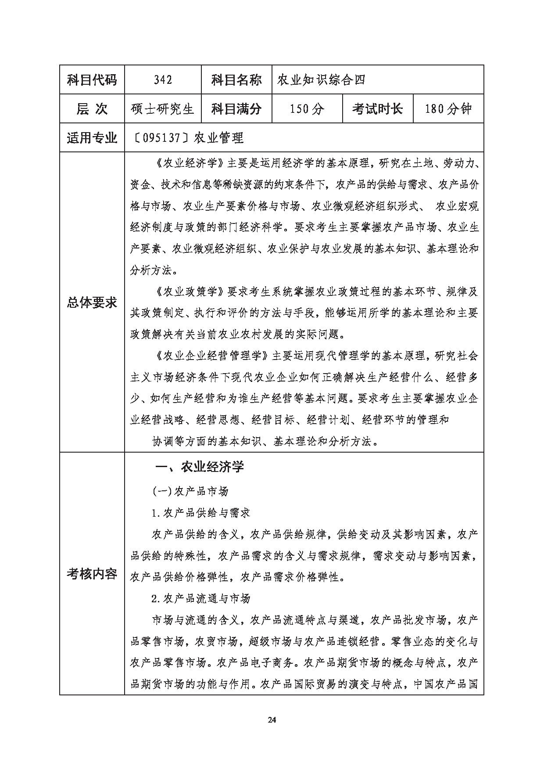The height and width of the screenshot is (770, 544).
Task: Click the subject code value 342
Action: click(x=163, y=80)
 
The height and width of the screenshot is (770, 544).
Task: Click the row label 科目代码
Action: click(x=92, y=80)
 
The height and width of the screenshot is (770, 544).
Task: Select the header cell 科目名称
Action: click(x=236, y=80)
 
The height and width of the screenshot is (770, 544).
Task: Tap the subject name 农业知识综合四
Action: click(x=321, y=80)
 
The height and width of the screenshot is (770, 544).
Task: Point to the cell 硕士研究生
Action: click(x=163, y=109)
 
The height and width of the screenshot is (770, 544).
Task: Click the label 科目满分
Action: click(x=236, y=109)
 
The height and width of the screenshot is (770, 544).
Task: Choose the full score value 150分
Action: click(x=307, y=109)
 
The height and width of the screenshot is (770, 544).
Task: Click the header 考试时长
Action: click(x=377, y=109)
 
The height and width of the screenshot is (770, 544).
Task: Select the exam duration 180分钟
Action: click(x=448, y=109)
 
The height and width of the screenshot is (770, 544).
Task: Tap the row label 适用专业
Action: click(x=92, y=138)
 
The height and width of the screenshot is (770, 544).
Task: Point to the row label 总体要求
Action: click(x=92, y=302)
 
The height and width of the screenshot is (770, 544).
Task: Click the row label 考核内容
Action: click(x=92, y=573)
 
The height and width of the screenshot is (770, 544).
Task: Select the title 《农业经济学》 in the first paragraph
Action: click(x=190, y=164)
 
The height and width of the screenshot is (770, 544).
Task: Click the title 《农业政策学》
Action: click(x=190, y=292)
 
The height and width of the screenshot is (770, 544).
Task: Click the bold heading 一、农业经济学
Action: click(x=200, y=467)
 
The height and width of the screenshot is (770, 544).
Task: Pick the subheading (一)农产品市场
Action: click(x=191, y=491)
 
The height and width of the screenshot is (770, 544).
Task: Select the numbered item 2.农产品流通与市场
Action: click(x=200, y=598)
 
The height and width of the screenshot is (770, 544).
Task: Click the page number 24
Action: click(x=272, y=720)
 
